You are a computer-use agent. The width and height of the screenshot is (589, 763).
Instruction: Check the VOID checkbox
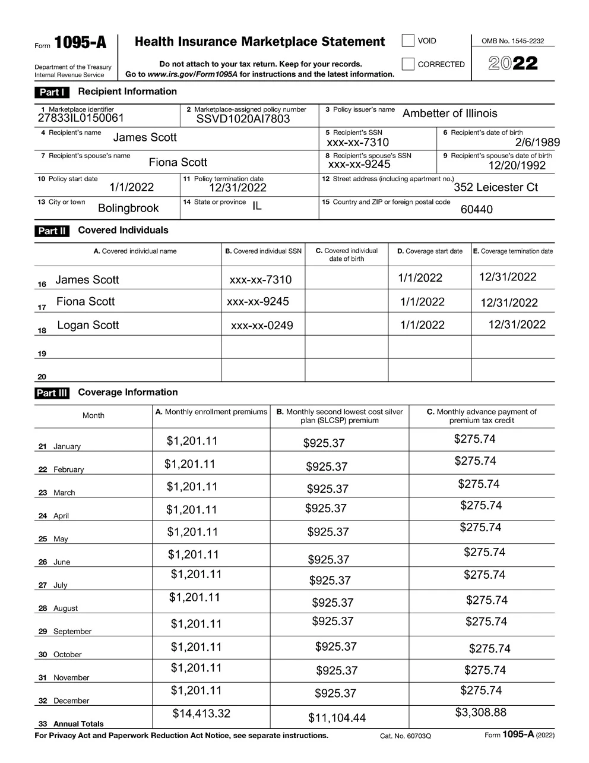point(408,40)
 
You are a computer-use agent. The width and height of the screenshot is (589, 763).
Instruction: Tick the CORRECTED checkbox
point(408,64)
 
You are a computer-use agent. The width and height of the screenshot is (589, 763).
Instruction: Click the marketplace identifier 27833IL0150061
point(81,118)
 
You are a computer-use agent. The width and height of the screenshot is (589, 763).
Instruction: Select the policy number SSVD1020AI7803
point(243,119)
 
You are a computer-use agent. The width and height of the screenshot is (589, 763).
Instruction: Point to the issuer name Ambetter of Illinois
point(450,113)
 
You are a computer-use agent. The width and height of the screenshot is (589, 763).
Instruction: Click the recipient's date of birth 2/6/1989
point(537,142)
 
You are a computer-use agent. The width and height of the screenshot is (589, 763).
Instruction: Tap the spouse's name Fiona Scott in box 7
point(178,162)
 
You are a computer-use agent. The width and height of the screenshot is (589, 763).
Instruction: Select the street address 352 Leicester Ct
point(496,187)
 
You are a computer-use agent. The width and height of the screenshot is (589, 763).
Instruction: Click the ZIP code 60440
point(477,209)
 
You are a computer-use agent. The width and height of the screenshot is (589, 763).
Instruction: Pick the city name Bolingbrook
point(128,208)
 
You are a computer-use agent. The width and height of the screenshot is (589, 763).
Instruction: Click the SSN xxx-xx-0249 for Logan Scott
point(262,326)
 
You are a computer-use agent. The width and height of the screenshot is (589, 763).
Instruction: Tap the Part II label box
point(52,231)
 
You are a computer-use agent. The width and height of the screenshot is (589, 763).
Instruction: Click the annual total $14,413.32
point(201,714)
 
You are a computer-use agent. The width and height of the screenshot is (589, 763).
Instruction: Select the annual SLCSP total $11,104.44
point(337,718)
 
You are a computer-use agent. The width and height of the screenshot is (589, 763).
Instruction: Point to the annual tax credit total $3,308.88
point(481,712)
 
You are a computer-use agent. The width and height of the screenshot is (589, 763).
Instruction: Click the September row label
point(72,632)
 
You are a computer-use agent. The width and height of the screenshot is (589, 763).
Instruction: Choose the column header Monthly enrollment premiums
point(211,412)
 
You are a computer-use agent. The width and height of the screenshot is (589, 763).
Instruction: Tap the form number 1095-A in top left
point(81,43)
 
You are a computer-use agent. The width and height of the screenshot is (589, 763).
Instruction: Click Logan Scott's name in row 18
point(88,325)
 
